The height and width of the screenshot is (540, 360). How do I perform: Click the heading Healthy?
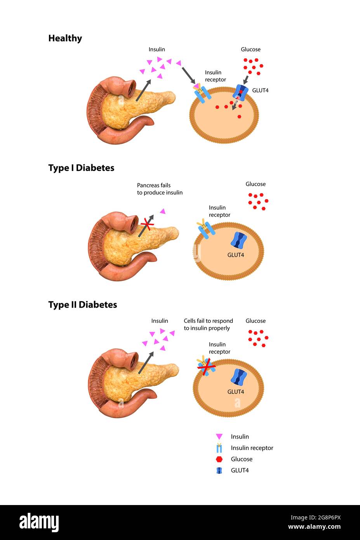pyautogui.click(x=65, y=38)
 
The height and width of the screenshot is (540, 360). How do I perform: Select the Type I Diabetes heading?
pyautogui.click(x=81, y=168)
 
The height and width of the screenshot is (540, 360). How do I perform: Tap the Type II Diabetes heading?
pyautogui.click(x=82, y=305)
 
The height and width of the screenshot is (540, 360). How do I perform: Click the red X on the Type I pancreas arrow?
pyautogui.click(x=147, y=225)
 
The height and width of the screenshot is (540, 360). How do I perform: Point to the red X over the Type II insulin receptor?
pyautogui.click(x=206, y=366)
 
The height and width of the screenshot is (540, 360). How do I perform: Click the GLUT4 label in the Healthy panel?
pyautogui.click(x=260, y=91)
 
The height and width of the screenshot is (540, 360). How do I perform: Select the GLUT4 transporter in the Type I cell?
pyautogui.click(x=239, y=241)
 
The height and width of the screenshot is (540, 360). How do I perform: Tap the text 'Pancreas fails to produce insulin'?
pyautogui.click(x=160, y=189)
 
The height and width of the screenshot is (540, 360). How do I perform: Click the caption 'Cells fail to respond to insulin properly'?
pyautogui.click(x=208, y=324)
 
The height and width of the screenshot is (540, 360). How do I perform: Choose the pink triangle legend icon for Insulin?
pyautogui.click(x=219, y=437)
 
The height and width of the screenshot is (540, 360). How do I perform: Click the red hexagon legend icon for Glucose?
pyautogui.click(x=219, y=459)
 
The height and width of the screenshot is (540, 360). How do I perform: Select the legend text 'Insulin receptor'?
pyautogui.click(x=252, y=448)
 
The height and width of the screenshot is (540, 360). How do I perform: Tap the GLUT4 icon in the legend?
pyautogui.click(x=219, y=470)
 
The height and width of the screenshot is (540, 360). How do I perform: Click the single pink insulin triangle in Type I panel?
pyautogui.click(x=163, y=211)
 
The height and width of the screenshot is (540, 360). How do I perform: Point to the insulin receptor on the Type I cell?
pyautogui.click(x=206, y=229)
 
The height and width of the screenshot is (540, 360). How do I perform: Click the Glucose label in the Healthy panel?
pyautogui.click(x=250, y=49)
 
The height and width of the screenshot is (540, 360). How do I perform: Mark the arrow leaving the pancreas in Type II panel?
pyautogui.click(x=146, y=363)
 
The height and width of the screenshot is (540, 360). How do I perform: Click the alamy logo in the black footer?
pyautogui.click(x=39, y=523)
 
